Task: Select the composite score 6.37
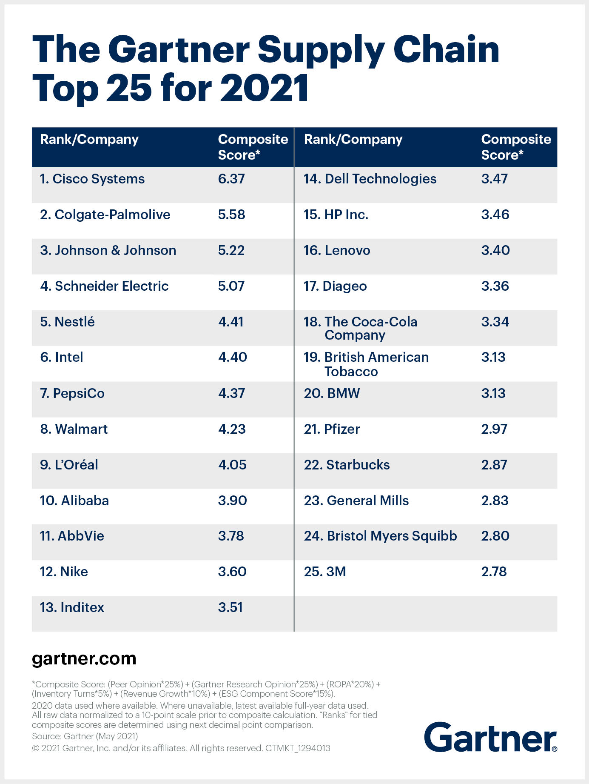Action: (231, 179)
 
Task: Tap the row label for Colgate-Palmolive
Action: (105, 215)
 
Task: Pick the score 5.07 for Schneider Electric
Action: (231, 286)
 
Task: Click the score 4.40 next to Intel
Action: (232, 357)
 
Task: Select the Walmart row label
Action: (74, 429)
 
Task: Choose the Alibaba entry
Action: (74, 501)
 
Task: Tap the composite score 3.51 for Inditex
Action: (230, 607)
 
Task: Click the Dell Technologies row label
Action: (370, 179)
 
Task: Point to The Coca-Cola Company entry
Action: (361, 328)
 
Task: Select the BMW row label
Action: (332, 393)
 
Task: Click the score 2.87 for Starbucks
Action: (494, 465)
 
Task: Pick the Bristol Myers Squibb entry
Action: (380, 536)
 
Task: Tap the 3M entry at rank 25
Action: (325, 572)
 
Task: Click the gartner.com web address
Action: (84, 658)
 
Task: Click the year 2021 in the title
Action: (265, 89)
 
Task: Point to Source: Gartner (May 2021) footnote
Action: (85, 736)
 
